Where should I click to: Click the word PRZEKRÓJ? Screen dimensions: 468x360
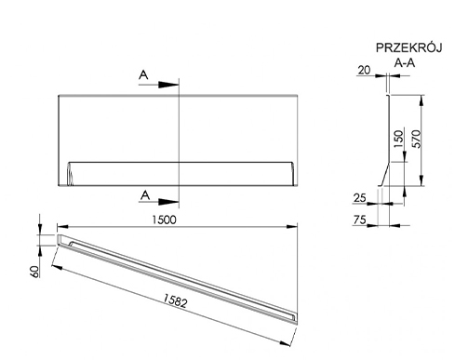tap(408, 47)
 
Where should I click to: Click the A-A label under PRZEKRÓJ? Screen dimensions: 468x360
tap(405, 63)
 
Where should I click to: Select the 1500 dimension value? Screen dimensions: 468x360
tap(164, 220)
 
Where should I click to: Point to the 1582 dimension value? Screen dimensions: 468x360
tap(175, 300)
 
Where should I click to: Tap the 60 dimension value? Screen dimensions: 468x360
tap(35, 272)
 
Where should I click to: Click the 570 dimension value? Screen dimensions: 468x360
tap(417, 139)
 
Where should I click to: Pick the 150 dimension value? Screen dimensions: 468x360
tap(399, 139)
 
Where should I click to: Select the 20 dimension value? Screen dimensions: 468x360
tap(364, 71)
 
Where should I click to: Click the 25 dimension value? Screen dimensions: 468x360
tap(360, 198)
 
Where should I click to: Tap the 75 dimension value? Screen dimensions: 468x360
tap(360, 220)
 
